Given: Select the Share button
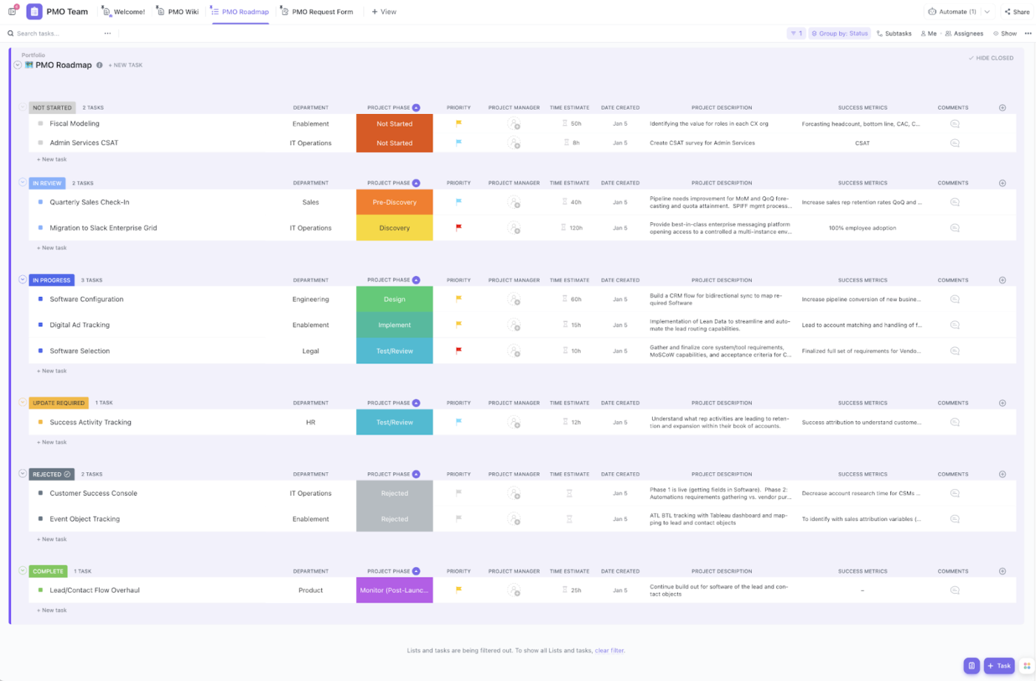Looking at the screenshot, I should (1017, 12).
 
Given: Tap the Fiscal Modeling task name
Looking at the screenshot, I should (75, 124).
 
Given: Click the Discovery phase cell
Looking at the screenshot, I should (394, 228).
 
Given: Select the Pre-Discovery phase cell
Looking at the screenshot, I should (394, 202).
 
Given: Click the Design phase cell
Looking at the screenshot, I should (394, 299).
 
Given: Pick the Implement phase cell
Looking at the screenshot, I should (394, 325).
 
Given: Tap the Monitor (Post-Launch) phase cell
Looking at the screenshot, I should (394, 590).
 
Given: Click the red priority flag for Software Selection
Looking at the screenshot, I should (459, 351).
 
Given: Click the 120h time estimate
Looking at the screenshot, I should (576, 228).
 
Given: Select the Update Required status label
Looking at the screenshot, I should (58, 403).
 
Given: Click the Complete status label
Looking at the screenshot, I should (48, 571).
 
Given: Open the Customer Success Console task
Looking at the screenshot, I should (93, 493).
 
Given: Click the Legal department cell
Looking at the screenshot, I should (311, 351).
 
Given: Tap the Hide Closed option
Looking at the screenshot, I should (992, 58).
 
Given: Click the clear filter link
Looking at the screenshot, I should (610, 651).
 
